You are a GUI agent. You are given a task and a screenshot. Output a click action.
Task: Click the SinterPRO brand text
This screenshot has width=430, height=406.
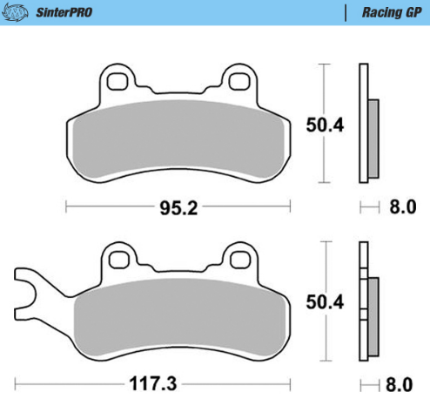pyautogui.click(x=66, y=12)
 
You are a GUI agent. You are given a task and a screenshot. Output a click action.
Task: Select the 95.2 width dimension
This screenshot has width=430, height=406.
pyautogui.click(x=178, y=207)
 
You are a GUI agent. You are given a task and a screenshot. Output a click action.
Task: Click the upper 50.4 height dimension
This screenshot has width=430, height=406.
pyautogui.click(x=325, y=125)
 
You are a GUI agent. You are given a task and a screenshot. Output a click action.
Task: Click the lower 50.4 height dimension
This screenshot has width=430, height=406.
pyautogui.click(x=325, y=302)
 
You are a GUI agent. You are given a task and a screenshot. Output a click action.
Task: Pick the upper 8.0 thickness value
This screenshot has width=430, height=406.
pyautogui.click(x=402, y=207)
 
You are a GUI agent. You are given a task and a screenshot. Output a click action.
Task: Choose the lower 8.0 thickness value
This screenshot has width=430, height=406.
pyautogui.click(x=402, y=384)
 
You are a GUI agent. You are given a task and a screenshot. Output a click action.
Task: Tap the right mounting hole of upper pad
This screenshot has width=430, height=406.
pyautogui.click(x=235, y=81)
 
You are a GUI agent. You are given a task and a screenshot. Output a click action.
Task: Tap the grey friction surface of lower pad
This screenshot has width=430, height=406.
pyautogui.click(x=178, y=318)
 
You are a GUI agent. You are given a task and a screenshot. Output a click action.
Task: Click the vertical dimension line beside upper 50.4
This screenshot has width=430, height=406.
pyautogui.click(x=325, y=87)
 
